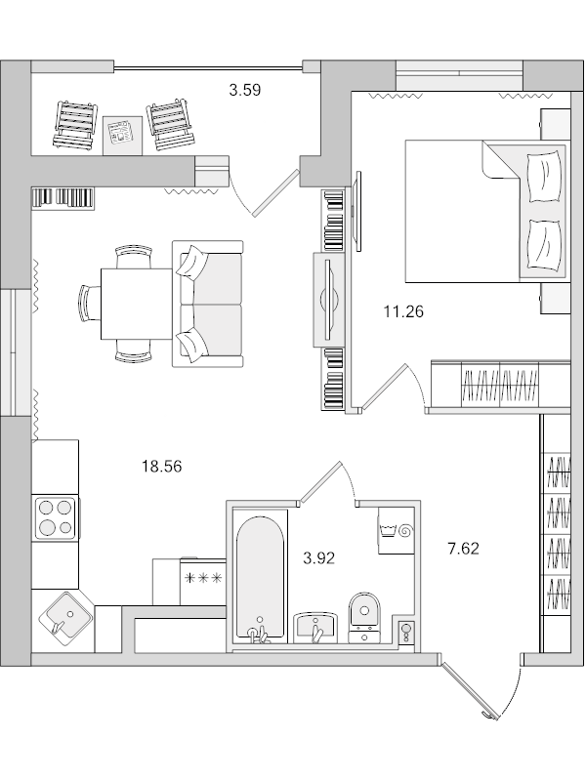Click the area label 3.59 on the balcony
point(245,91)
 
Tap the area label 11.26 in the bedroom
point(402,312)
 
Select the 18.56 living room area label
point(162,467)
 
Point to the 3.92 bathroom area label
point(319,558)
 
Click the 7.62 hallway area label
point(463,549)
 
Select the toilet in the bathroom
point(366,615)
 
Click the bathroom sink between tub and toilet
point(314,626)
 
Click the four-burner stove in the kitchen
point(56,517)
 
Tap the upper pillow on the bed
point(543,175)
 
